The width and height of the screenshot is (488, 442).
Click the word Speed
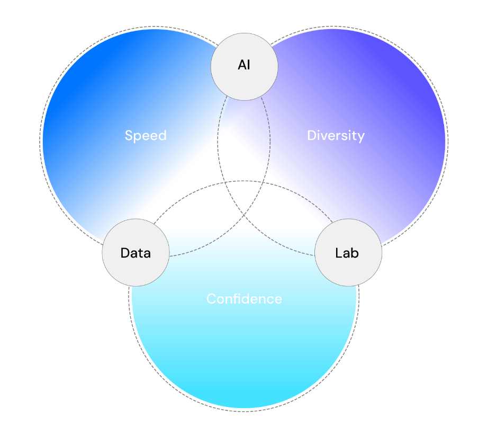tap(146, 136)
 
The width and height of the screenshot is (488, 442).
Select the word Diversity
tap(336, 136)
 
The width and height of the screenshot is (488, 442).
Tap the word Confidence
tap(244, 299)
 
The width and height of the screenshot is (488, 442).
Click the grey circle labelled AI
tap(244, 66)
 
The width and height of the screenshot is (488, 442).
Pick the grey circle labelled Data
tap(135, 253)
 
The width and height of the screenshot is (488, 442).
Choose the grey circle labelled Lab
tap(348, 253)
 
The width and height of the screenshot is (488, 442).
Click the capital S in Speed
tap(129, 136)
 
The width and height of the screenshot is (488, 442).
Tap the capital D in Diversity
tap(312, 136)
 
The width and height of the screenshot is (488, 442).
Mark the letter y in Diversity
tap(362, 137)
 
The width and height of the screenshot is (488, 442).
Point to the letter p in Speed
tap(138, 137)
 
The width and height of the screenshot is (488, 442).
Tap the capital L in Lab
tap(338, 253)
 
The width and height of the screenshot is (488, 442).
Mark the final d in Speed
tap(162, 136)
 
